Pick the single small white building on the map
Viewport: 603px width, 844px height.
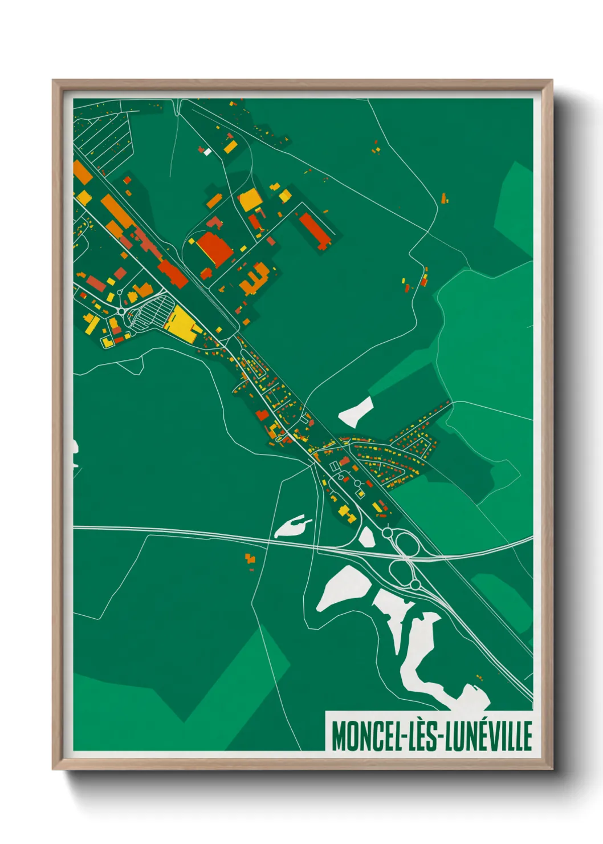tap(207, 152)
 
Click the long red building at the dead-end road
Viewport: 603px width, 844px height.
tap(314, 230)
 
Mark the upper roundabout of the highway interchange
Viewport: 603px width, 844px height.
tap(388, 533)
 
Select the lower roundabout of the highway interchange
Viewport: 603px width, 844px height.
tap(415, 585)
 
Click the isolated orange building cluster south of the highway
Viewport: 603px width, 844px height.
tap(250, 559)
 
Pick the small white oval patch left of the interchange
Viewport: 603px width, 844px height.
tap(366, 537)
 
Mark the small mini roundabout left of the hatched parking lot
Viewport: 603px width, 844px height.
tap(121, 311)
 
